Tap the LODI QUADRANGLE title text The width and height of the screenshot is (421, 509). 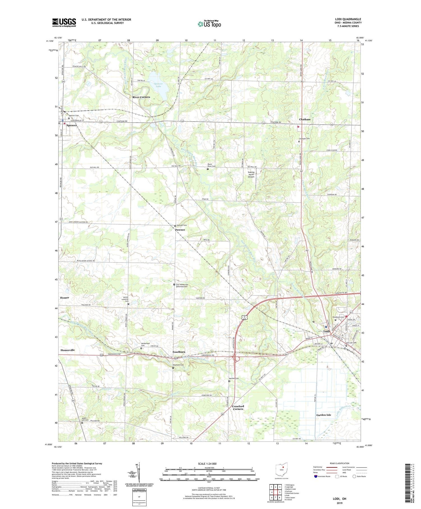pyautogui.click(x=347, y=19)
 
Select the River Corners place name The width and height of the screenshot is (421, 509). pyautogui.click(x=141, y=97)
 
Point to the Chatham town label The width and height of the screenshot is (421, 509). pyautogui.click(x=305, y=119)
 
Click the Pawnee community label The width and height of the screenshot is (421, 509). pyautogui.click(x=180, y=230)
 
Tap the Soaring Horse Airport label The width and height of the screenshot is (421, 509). pyautogui.click(x=251, y=175)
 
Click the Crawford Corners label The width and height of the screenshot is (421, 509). pyautogui.click(x=238, y=407)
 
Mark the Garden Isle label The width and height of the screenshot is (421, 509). pyautogui.click(x=324, y=415)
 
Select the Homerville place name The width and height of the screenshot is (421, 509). pyautogui.click(x=68, y=350)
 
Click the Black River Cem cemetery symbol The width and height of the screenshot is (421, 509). pyautogui.click(x=208, y=169)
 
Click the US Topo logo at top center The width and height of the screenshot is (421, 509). pyautogui.click(x=209, y=24)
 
